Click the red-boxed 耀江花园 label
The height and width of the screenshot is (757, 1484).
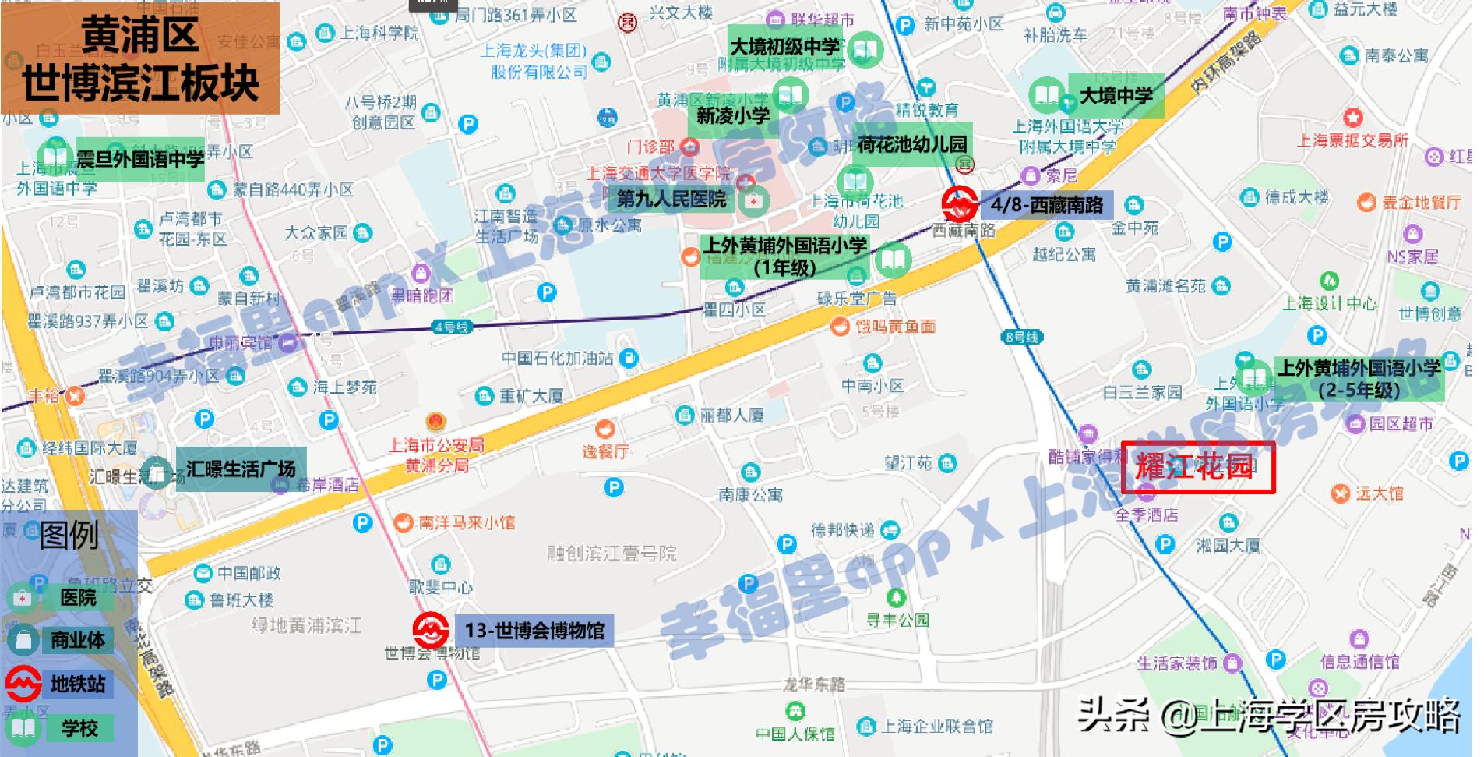[x=1197, y=467]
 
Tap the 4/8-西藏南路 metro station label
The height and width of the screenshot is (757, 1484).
[x=1045, y=205]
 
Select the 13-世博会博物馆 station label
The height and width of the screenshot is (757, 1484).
[x=534, y=630]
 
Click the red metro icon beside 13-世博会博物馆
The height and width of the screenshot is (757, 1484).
[x=430, y=629]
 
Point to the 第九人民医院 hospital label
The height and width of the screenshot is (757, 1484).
[x=671, y=200]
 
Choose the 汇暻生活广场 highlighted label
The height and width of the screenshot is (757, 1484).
[x=240, y=469]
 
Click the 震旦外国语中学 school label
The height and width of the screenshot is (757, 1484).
[x=139, y=160]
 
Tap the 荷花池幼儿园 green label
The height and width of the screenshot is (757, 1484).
[x=911, y=144]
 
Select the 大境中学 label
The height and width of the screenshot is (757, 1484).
[x=1116, y=96]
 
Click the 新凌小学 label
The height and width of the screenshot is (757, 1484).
[x=732, y=116]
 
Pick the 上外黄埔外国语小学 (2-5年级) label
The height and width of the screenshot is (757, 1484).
[x=1359, y=379]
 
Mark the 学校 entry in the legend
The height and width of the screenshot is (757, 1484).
[x=79, y=728]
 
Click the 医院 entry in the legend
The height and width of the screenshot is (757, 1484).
[x=78, y=597]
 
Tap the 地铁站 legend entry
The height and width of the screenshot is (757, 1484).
[x=78, y=684]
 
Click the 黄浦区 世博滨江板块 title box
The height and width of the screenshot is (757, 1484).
[x=140, y=58]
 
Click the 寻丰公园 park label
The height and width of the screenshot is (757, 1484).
[x=897, y=620]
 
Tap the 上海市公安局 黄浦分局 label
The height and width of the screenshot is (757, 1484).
[x=436, y=455]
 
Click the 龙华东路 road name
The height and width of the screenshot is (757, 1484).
[x=814, y=684]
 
